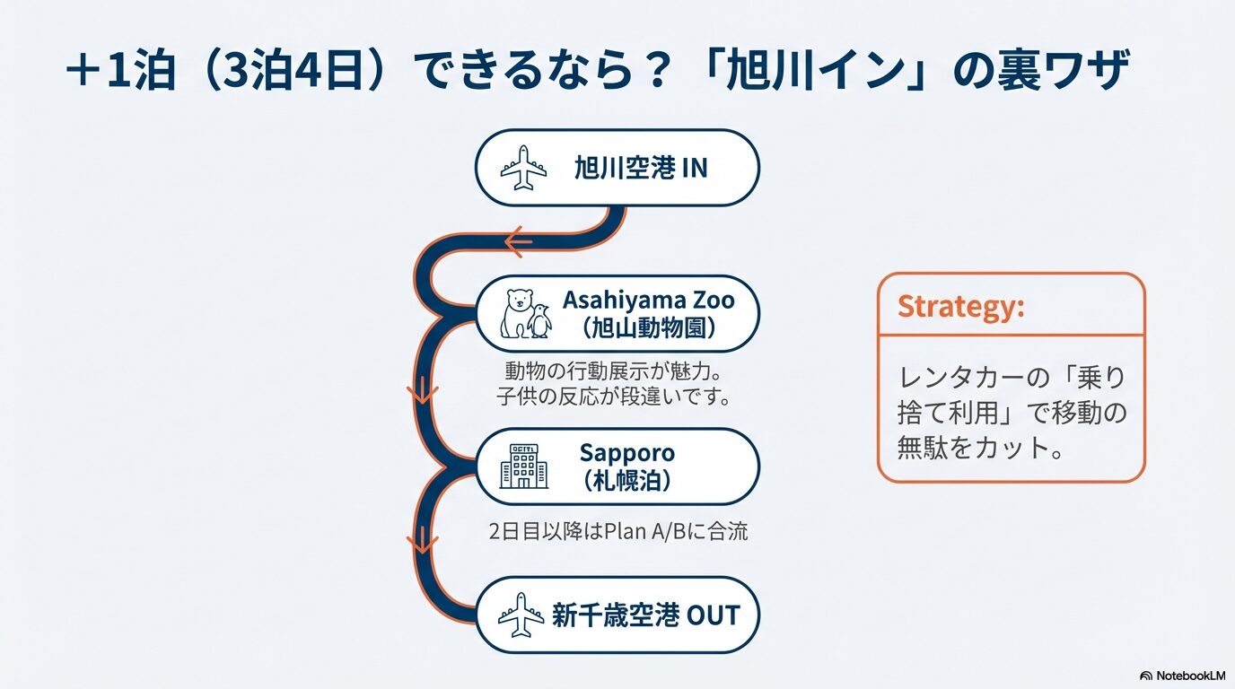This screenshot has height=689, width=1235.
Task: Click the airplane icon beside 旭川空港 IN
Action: pyautogui.click(x=523, y=168)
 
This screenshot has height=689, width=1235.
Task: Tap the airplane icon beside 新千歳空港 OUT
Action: pyautogui.click(x=521, y=615)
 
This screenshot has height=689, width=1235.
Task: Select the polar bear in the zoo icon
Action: pyautogui.click(x=515, y=313)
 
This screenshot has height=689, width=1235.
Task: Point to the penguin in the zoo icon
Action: pyautogui.click(x=540, y=321)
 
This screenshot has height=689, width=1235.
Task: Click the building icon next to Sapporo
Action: pyautogui.click(x=524, y=467)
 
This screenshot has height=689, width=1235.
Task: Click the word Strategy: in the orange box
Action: pyautogui.click(x=961, y=307)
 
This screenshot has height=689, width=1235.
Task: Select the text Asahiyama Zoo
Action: pyautogui.click(x=648, y=300)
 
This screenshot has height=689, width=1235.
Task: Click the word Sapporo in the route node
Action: pyautogui.click(x=626, y=453)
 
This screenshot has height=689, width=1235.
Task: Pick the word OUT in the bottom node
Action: pyautogui.click(x=713, y=615)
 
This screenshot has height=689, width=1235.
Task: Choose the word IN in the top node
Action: pyautogui.click(x=695, y=168)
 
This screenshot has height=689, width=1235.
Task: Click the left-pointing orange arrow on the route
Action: pyautogui.click(x=518, y=242)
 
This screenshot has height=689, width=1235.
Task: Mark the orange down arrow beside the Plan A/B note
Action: pyautogui.click(x=423, y=540)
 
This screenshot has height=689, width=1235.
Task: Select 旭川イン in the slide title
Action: pyautogui.click(x=816, y=71)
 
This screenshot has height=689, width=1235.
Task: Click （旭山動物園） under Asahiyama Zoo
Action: pyautogui.click(x=648, y=329)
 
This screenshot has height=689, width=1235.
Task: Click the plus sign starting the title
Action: pyautogui.click(x=83, y=71)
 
